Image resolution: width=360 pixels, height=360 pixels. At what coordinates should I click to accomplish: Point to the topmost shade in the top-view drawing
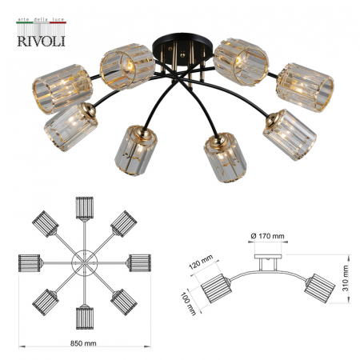click(83, 208)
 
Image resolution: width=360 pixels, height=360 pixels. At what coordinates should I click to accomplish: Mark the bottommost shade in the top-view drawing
click(83, 314)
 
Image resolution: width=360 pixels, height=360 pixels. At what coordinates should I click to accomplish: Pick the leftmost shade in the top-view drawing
click(30, 262)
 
